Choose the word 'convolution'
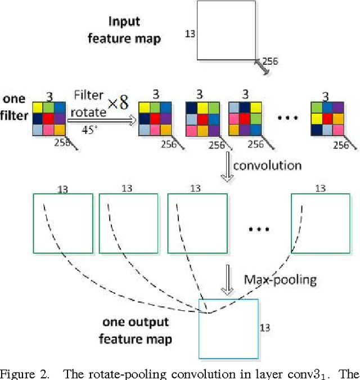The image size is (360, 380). coord(267,165)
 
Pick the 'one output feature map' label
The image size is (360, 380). coord(135,330)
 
